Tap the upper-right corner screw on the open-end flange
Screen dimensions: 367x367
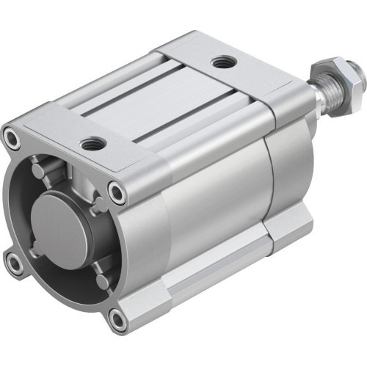pos(117,192)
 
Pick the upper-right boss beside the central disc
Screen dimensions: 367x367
pos(97,200)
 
